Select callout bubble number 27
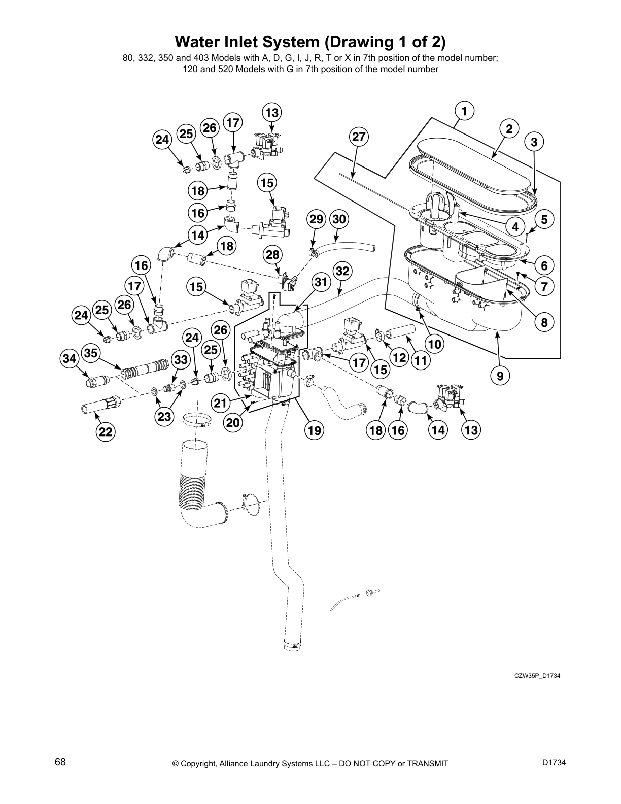359,137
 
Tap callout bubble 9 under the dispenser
500,376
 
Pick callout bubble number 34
70,359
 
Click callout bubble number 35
91,353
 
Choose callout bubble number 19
314,430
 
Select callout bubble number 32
343,271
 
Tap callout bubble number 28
272,254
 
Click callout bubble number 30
339,219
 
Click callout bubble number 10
434,345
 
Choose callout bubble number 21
220,404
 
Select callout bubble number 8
544,322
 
